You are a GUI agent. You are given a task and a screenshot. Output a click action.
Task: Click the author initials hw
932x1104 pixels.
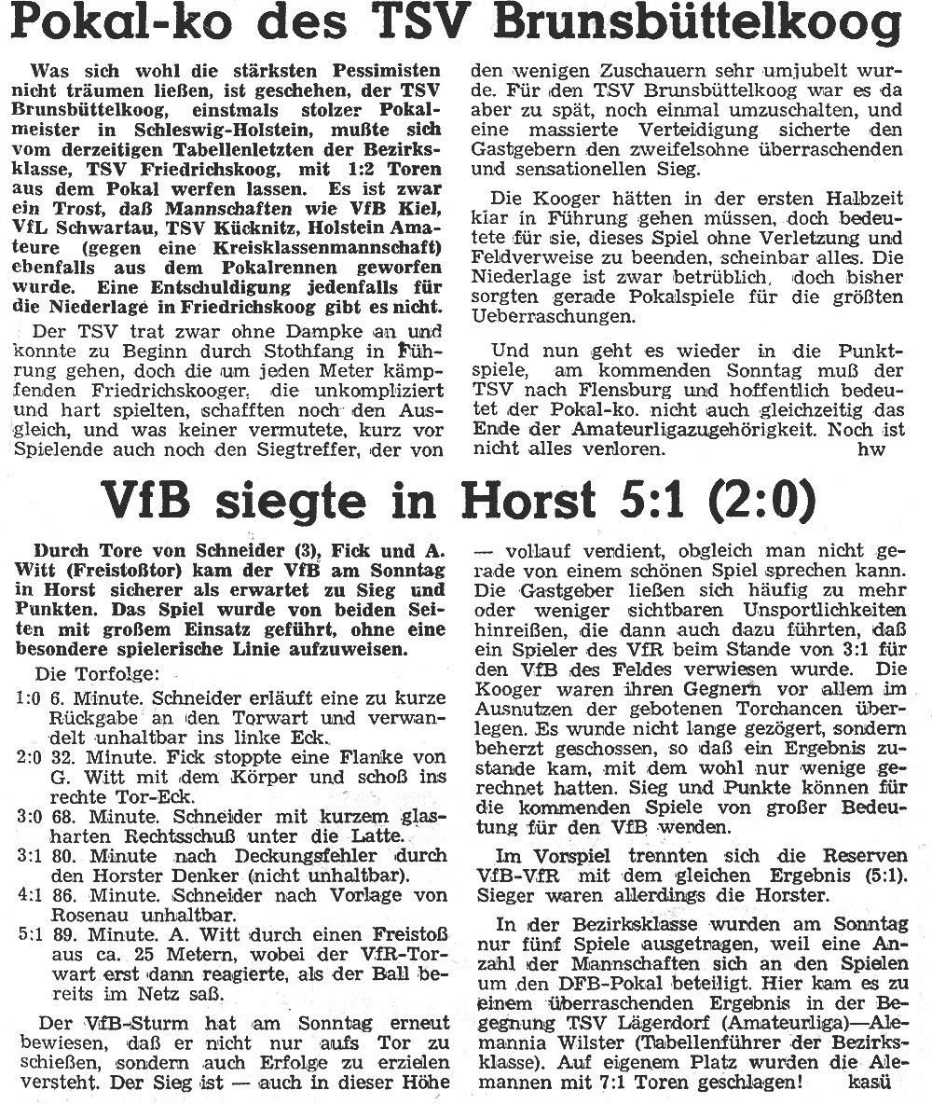(x=866, y=448)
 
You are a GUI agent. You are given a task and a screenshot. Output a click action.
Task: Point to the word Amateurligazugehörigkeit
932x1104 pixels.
(x=702, y=429)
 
